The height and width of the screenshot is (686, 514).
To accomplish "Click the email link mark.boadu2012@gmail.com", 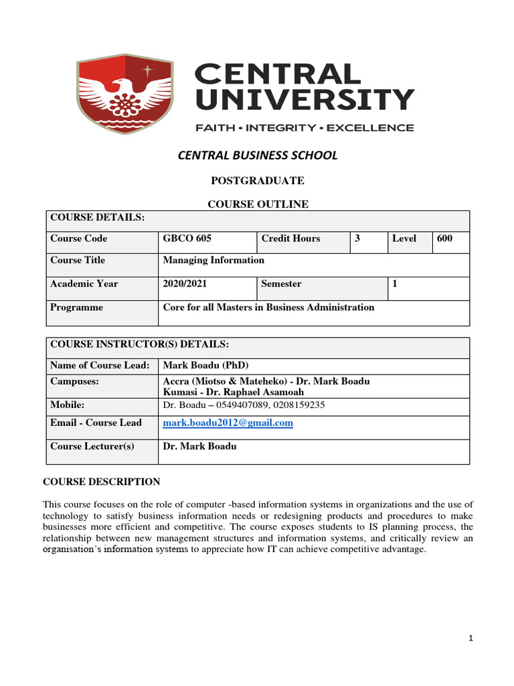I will (228, 423).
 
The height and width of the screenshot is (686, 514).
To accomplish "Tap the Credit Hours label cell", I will (290, 238).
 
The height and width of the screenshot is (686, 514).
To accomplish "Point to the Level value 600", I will (444, 238).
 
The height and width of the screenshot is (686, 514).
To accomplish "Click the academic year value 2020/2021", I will (185, 283).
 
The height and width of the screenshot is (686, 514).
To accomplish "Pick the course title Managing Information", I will (213, 260).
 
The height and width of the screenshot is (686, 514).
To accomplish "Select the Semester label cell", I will (281, 283).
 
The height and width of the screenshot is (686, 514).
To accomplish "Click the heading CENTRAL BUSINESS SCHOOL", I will (257, 155).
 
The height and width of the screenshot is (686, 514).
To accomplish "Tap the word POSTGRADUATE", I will (257, 181).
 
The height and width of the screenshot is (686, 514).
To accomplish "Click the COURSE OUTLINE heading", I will (257, 204).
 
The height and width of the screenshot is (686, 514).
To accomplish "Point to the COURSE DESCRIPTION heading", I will (101, 482).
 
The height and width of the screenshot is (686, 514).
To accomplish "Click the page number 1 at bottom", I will (470, 638).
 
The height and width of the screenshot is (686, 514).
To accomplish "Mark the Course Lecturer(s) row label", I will (92, 446).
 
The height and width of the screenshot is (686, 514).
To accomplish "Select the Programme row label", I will (76, 307).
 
